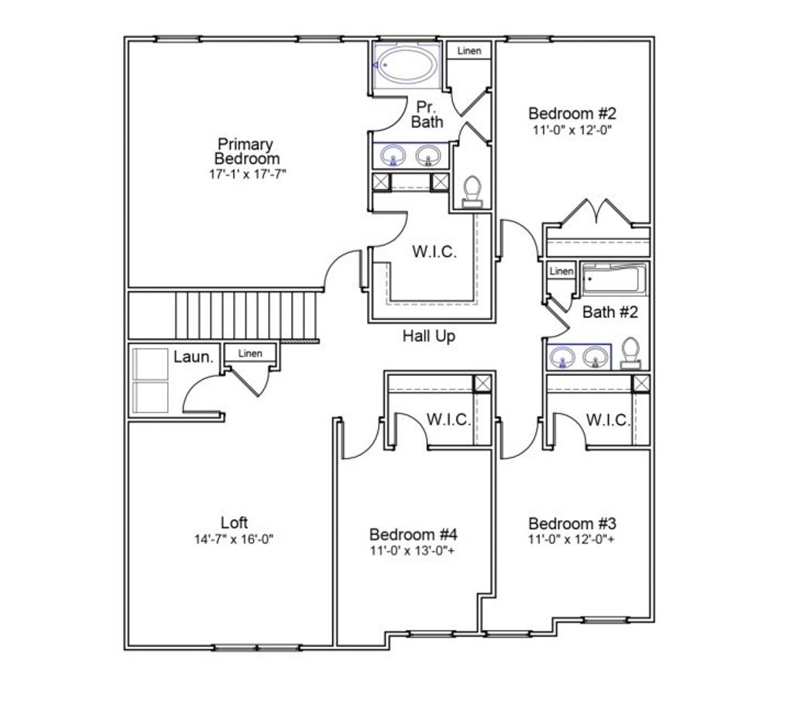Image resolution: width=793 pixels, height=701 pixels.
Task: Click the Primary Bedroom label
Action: click(245, 151)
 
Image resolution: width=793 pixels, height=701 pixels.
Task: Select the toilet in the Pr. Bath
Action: click(471, 191)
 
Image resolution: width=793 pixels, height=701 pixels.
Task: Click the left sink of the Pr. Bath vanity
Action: click(393, 156)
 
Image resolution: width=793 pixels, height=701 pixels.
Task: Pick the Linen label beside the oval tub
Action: click(469, 51)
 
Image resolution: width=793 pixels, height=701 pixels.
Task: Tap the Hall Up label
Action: click(428, 337)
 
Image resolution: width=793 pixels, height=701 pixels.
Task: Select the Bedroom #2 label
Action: click(572, 114)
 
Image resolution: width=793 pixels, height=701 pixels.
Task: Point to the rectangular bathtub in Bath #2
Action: click(614, 280)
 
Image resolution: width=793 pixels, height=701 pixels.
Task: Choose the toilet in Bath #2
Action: click(631, 353)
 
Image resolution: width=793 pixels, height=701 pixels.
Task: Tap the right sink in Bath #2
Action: click(595, 357)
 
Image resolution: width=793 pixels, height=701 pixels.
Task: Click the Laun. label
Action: click(194, 357)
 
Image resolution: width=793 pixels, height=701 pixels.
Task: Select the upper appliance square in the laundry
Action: click(151, 364)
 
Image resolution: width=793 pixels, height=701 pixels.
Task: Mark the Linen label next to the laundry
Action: click(249, 354)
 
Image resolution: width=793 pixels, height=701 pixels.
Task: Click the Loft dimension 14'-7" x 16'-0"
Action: click(234, 539)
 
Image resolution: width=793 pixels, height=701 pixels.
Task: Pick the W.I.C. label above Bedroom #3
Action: click(607, 420)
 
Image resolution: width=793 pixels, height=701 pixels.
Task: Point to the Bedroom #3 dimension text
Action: click(572, 539)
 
